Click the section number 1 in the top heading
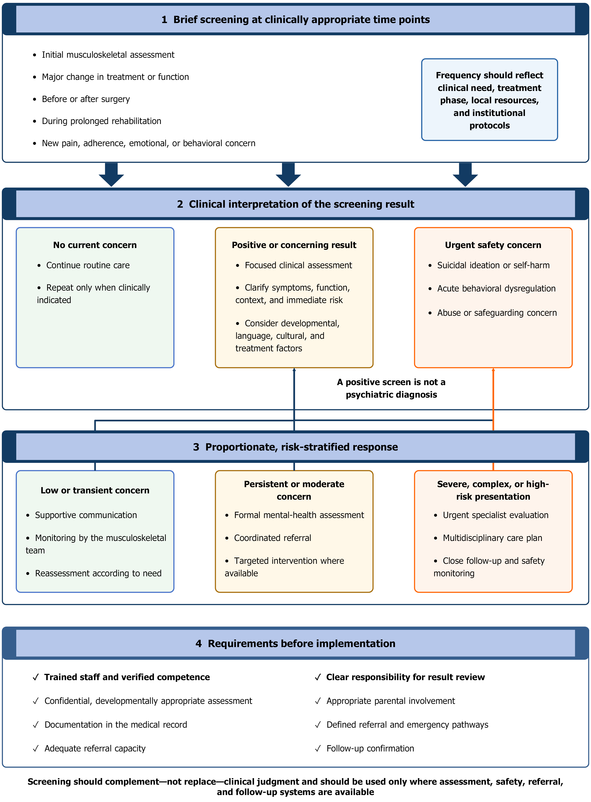point(164,20)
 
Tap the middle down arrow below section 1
point(288,175)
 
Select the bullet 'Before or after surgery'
point(86,99)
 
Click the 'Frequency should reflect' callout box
point(489,100)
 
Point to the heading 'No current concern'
point(95,245)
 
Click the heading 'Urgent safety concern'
point(493,245)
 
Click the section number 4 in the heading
point(199,643)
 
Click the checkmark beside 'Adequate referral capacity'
point(35,748)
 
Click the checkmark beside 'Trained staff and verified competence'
point(35,677)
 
